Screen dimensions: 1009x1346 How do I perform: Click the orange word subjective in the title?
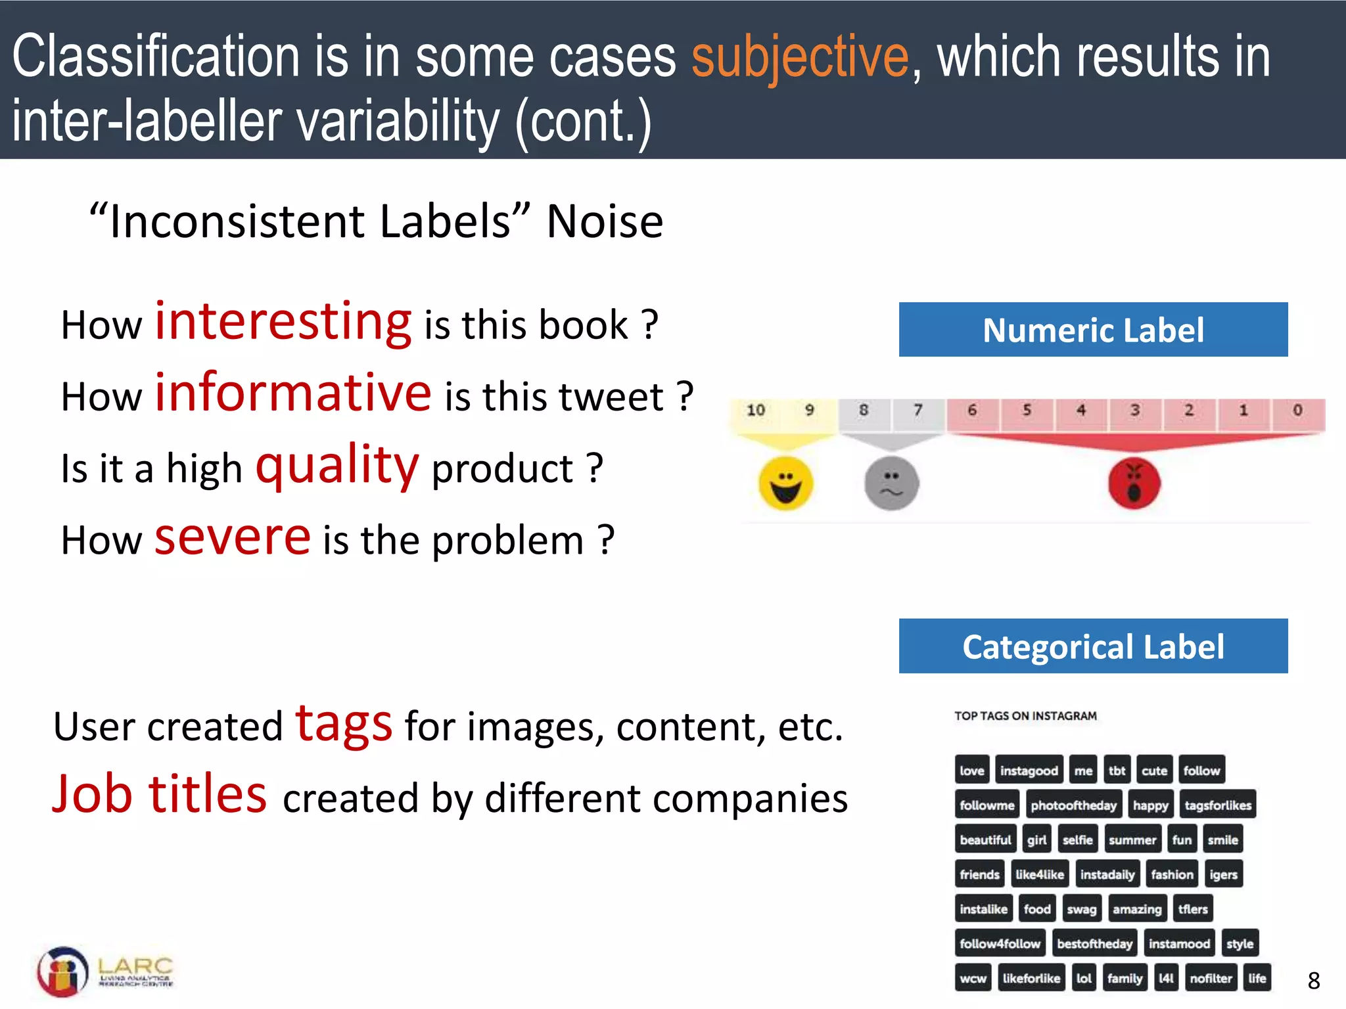pyautogui.click(x=800, y=58)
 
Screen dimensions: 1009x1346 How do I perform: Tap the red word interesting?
pyautogui.click(x=283, y=322)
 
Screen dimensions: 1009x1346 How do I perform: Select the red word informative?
pyautogui.click(x=293, y=393)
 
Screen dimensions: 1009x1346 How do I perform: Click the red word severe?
pyautogui.click(x=232, y=537)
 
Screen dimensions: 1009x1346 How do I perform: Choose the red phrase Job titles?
pyautogui.click(x=160, y=794)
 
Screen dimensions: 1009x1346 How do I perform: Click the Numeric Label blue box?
pyautogui.click(x=1093, y=330)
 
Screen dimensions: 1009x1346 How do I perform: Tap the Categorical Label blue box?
pyautogui.click(x=1093, y=646)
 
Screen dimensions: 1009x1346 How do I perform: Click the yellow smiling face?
pyautogui.click(x=785, y=483)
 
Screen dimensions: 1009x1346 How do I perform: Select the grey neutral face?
pyautogui.click(x=891, y=483)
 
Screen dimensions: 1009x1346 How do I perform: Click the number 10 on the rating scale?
pyautogui.click(x=756, y=411)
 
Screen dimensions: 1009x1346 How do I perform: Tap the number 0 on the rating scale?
pyautogui.click(x=1297, y=411)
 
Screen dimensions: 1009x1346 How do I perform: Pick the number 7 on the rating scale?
pyautogui.click(x=918, y=411)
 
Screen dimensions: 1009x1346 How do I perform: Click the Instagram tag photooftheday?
pyautogui.click(x=1073, y=805)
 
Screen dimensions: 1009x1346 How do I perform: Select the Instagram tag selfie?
pyautogui.click(x=1077, y=840)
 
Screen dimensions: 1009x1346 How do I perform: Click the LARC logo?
pyautogui.click(x=105, y=972)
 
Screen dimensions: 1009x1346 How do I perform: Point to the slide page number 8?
pyautogui.click(x=1314, y=981)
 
